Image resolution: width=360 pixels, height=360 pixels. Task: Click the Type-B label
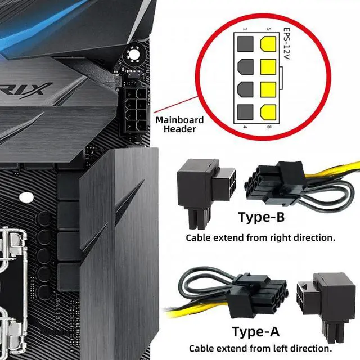[261, 217]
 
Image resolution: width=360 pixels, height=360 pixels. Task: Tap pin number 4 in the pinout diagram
[245, 127]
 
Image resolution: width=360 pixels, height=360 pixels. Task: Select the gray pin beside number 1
[245, 44]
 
